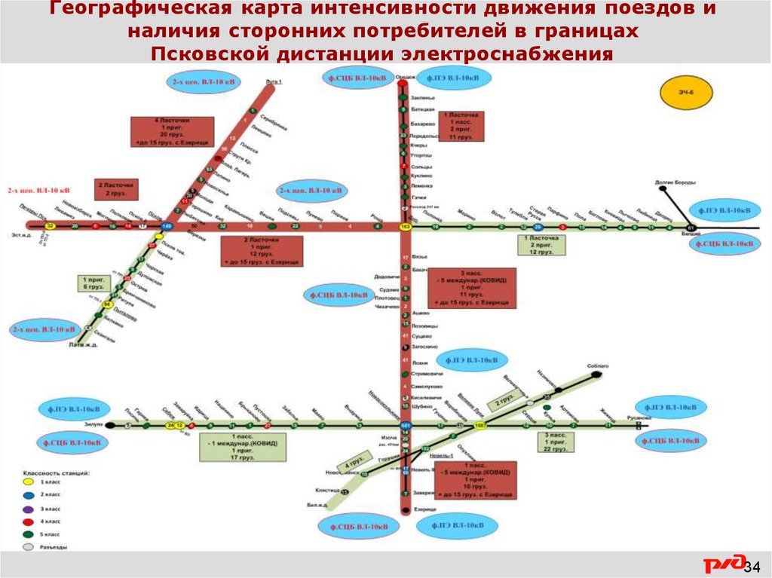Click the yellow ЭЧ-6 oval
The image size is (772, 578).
click(683, 93)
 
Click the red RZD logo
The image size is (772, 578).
click(721, 565)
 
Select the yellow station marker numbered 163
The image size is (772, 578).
click(405, 226)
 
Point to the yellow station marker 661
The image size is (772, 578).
click(406, 427)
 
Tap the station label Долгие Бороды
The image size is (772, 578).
click(675, 182)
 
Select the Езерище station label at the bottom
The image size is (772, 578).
click(425, 509)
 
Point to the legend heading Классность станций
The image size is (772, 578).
click(57, 472)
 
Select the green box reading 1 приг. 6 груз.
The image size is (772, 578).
click(93, 283)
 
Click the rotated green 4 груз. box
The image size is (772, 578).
click(354, 459)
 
